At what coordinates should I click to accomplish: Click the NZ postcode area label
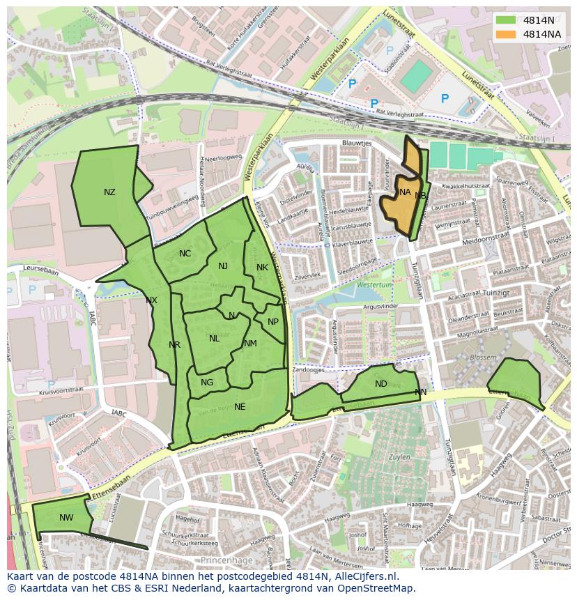click(x=109, y=192)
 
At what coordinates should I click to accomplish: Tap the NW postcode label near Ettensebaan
click(x=66, y=517)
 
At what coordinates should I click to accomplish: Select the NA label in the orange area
click(x=405, y=192)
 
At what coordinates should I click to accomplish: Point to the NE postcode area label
click(x=240, y=406)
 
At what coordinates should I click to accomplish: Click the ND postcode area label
click(x=380, y=384)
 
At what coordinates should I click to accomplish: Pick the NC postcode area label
click(x=185, y=254)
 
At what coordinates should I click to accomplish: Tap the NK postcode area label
click(x=262, y=268)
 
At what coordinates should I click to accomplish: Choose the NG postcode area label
click(x=207, y=383)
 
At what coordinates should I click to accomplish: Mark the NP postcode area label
click(x=273, y=322)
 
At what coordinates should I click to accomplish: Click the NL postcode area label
click(x=214, y=339)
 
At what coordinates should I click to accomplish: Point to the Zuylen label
click(x=399, y=457)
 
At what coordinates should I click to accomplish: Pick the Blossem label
click(x=483, y=357)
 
